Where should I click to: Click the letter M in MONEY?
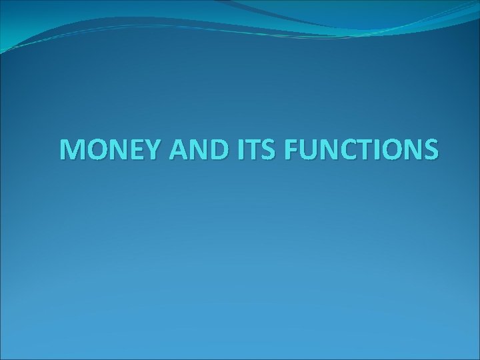pyautogui.click(x=71, y=151)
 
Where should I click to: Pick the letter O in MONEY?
pyautogui.click(x=92, y=151)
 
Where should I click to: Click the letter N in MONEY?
pyautogui.click(x=110, y=151)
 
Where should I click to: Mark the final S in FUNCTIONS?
pyautogui.click(x=430, y=151)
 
